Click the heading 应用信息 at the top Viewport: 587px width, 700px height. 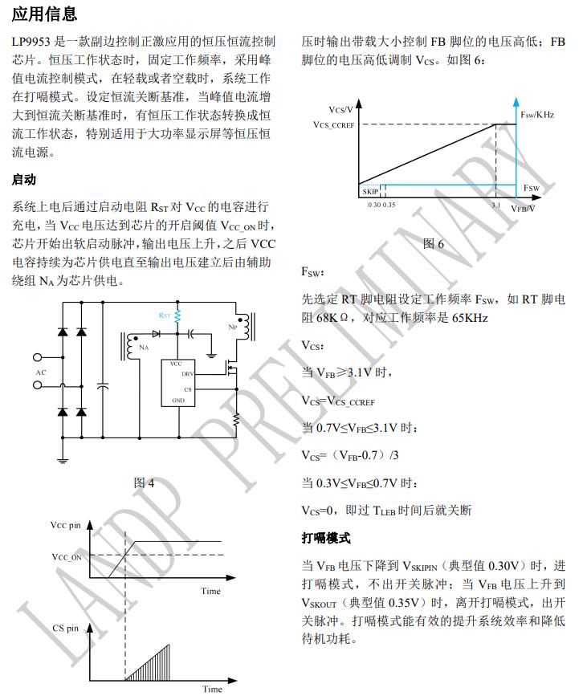pos(45,14)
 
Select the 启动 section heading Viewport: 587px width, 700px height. pos(25,179)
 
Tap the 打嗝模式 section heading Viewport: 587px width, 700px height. pos(326,538)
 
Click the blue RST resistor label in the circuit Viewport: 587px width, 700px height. pos(165,316)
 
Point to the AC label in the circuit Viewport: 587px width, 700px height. pos(42,372)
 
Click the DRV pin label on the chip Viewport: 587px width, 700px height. pos(188,374)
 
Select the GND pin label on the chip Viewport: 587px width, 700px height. pos(178,400)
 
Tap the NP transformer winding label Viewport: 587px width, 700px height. pos(234,328)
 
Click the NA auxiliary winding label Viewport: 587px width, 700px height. pos(144,348)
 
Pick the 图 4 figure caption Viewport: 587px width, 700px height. pos(145,482)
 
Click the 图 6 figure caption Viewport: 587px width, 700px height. pos(434,243)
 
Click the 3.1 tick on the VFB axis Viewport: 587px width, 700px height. pos(495,206)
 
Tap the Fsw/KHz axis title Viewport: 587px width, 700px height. pos(537,115)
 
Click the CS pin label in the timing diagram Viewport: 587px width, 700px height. pos(66,629)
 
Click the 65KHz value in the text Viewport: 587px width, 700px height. pos(470,318)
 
